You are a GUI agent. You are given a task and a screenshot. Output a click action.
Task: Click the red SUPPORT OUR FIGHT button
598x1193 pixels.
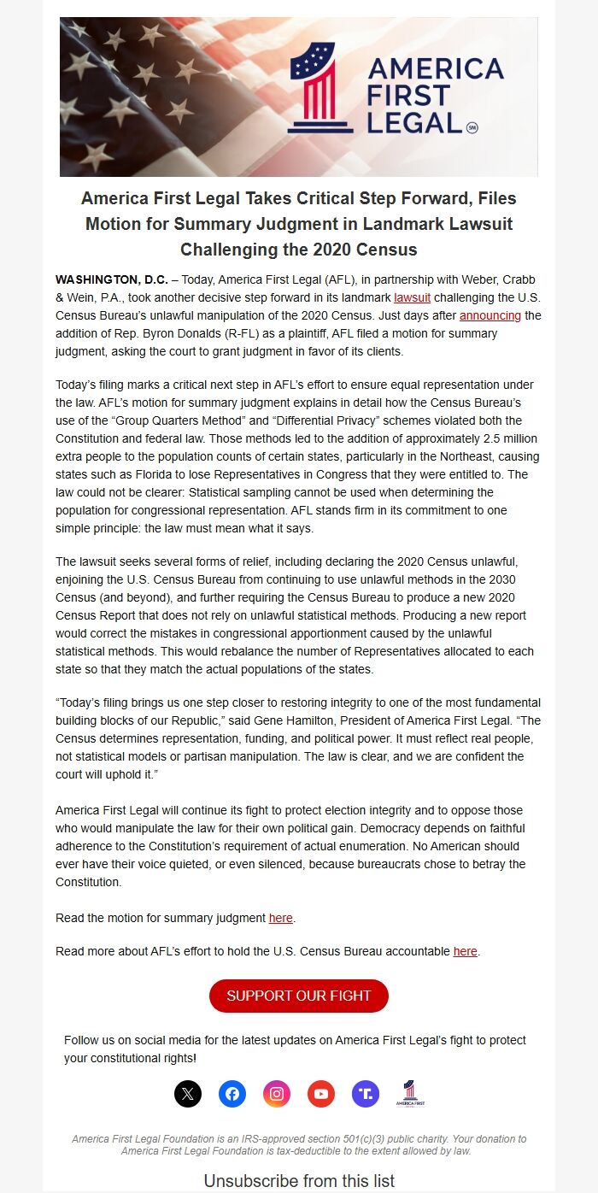pyautogui.click(x=298, y=996)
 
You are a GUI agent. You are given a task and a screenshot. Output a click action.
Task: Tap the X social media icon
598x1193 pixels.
pyautogui.click(x=188, y=1093)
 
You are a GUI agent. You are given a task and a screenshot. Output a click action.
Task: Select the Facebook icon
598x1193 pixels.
pyautogui.click(x=232, y=1093)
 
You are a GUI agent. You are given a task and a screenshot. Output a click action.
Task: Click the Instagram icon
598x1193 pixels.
pyautogui.click(x=276, y=1093)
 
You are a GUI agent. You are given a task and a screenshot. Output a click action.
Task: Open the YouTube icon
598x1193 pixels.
pyautogui.click(x=321, y=1093)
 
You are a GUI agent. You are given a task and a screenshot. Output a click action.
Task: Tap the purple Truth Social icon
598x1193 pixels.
pyautogui.click(x=366, y=1093)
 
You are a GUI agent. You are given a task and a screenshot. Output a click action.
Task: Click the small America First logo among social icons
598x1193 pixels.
pyautogui.click(x=410, y=1094)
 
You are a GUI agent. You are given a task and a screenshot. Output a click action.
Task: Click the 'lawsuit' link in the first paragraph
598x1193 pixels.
pyautogui.click(x=412, y=297)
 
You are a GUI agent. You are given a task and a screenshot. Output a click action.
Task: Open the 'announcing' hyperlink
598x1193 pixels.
pyautogui.click(x=490, y=315)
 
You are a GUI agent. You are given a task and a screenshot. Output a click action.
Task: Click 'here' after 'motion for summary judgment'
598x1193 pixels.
pyautogui.click(x=280, y=918)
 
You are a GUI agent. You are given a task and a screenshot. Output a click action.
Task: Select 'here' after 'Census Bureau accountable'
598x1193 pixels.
pyautogui.click(x=465, y=951)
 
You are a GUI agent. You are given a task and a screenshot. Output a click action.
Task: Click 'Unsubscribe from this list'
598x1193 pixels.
pyautogui.click(x=299, y=1181)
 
